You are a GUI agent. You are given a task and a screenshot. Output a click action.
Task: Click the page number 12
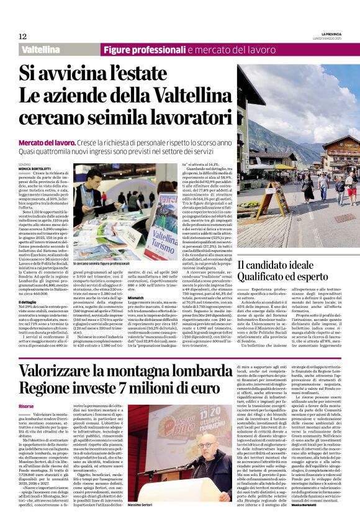tap(22, 37)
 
